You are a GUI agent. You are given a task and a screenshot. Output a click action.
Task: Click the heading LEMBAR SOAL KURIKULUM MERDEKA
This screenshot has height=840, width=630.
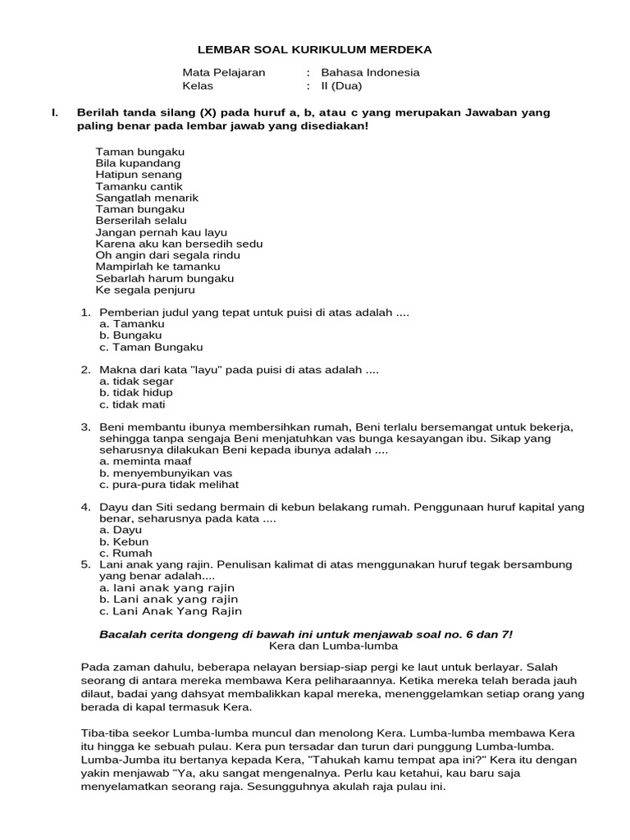click(x=314, y=50)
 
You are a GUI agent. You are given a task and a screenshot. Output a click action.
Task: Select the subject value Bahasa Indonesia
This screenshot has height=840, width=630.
click(x=370, y=72)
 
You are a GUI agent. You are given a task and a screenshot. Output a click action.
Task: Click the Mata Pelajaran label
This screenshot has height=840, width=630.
click(x=224, y=72)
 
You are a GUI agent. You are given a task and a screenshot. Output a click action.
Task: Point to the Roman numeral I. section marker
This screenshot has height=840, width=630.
click(x=54, y=112)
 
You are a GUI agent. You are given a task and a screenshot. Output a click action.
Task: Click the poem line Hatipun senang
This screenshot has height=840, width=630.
click(x=139, y=175)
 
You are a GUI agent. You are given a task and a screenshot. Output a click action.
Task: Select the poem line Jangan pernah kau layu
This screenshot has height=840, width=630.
click(x=161, y=232)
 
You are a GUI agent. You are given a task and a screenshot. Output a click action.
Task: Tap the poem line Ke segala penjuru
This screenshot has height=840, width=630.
click(x=145, y=290)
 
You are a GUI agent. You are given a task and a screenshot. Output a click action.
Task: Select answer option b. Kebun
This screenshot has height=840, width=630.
click(x=124, y=541)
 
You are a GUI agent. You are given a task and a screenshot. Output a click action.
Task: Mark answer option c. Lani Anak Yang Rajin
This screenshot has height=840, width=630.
click(x=171, y=611)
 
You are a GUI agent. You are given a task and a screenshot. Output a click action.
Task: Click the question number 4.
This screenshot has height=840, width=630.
click(x=85, y=508)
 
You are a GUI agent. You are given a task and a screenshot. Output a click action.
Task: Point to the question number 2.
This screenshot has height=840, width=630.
click(x=85, y=370)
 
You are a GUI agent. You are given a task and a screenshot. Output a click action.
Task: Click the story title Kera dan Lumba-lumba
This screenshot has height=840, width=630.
click(x=315, y=646)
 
